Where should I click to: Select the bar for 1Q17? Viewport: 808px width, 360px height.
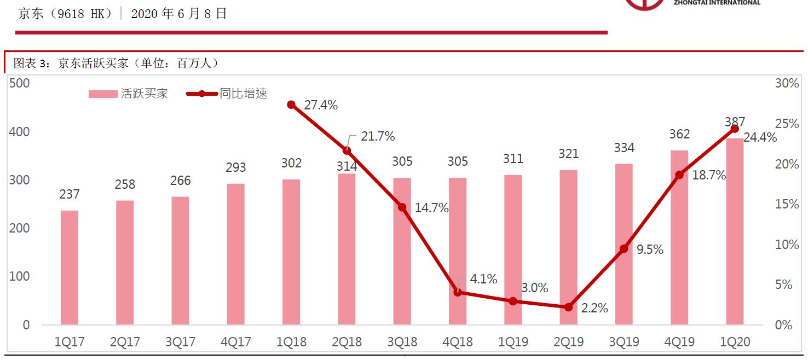[69, 268]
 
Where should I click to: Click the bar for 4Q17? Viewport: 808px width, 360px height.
[235, 254]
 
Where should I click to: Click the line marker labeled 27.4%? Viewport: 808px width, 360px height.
[291, 104]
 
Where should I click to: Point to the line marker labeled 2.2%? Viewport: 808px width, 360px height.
[568, 307]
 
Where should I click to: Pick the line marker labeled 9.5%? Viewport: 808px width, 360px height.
[624, 249]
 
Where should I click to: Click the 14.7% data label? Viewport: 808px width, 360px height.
[431, 208]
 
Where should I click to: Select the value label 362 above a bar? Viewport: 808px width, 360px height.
[679, 135]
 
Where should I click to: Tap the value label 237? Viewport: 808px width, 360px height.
[69, 194]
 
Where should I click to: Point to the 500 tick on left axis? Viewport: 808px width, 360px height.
[20, 84]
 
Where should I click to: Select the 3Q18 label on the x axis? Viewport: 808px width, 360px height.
[402, 342]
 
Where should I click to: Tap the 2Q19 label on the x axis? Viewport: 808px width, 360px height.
[568, 342]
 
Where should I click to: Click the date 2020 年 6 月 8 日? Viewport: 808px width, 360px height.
[178, 14]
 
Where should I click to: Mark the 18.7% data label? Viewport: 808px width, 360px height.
[708, 176]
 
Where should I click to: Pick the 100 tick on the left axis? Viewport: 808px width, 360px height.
[20, 277]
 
